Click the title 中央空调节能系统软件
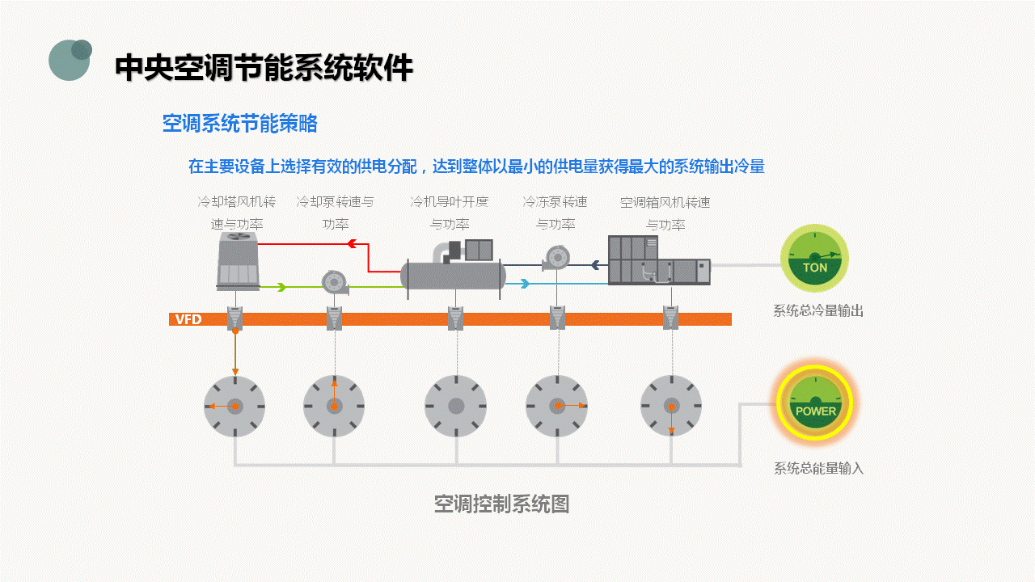[264, 68]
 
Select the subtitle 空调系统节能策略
[239, 124]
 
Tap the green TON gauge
[814, 259]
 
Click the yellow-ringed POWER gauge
[815, 402]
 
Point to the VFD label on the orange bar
[188, 319]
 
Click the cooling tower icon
[238, 261]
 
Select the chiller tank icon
[454, 275]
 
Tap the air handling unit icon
[658, 260]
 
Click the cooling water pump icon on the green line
[334, 282]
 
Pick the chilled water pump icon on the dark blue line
[556, 258]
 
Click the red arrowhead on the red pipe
[352, 243]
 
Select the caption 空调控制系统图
[501, 504]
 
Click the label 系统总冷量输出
[818, 311]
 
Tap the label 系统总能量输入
[818, 468]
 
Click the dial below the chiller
[455, 406]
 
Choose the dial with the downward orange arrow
[670, 406]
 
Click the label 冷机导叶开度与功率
[450, 213]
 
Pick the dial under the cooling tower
[234, 406]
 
